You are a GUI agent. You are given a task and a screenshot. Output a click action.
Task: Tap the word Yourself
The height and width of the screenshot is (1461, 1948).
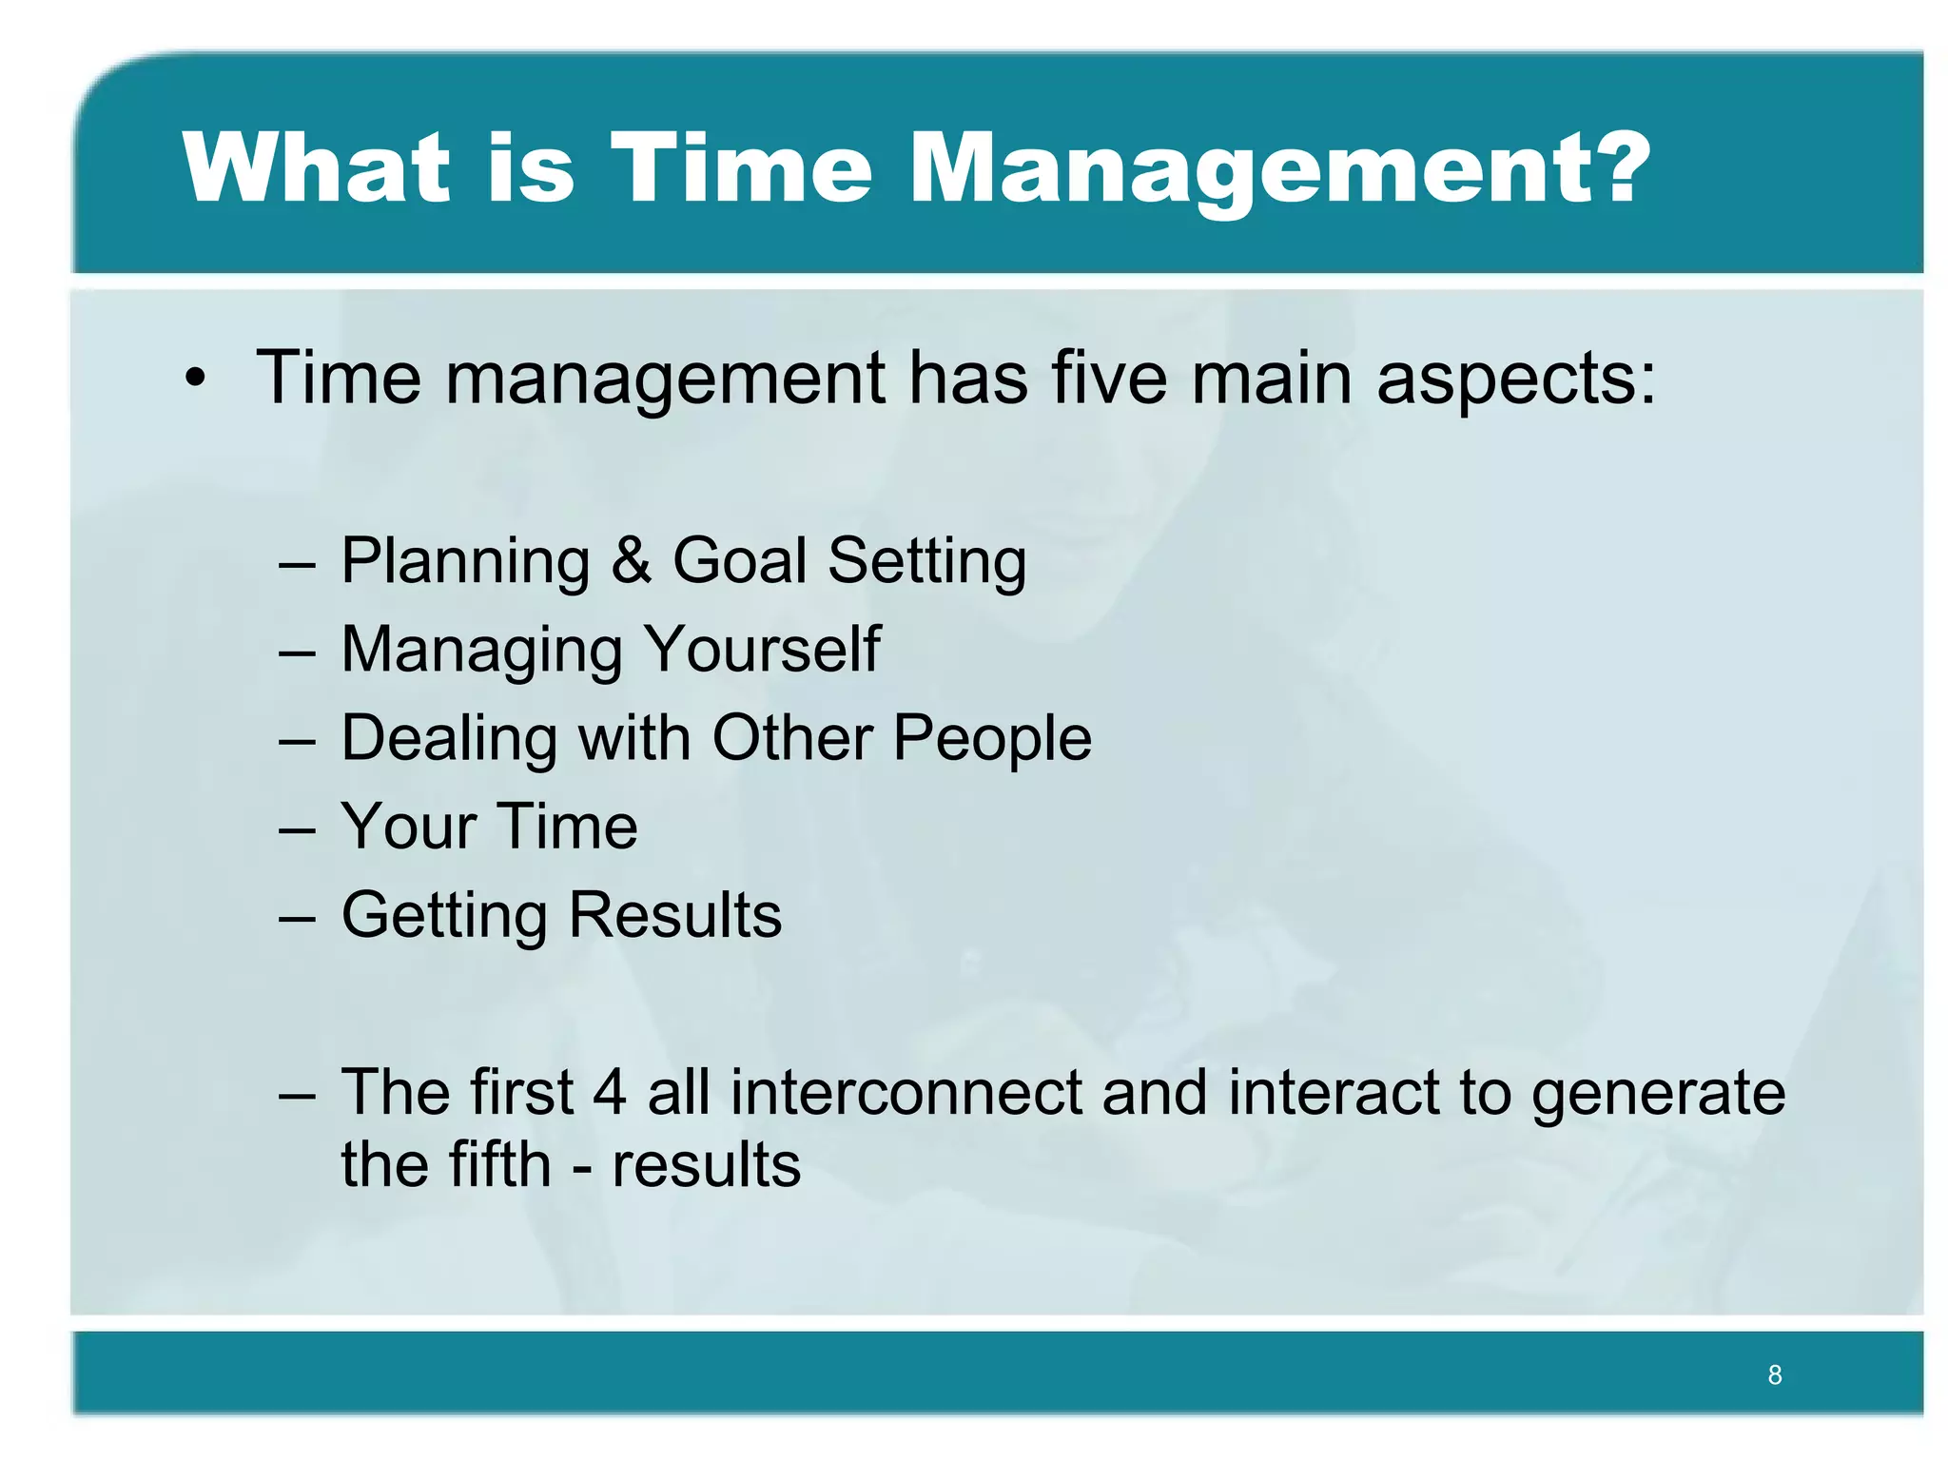762,649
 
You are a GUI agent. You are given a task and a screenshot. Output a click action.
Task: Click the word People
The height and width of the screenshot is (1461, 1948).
992,738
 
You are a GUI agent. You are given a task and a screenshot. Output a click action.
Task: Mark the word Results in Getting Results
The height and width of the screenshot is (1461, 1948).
674,915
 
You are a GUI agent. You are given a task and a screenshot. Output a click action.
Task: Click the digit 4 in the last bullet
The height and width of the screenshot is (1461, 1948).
610,1092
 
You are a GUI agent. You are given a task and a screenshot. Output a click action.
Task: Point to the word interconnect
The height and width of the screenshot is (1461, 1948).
906,1092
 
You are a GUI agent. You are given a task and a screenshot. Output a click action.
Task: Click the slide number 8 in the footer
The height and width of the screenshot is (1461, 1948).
1774,1374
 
